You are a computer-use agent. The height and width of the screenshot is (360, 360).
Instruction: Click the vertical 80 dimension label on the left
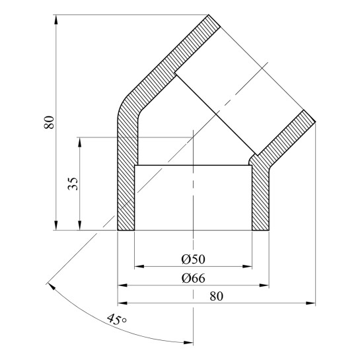pos(49,122)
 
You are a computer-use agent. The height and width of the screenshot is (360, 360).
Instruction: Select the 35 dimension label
pos(73,184)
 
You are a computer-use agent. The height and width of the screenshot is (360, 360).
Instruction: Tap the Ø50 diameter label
pos(193,259)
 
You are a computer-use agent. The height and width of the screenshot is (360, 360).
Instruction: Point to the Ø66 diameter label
pos(193,278)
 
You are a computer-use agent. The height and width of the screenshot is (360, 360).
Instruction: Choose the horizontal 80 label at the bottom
pos(216,297)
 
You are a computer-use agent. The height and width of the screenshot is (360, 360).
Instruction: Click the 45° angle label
pos(117,319)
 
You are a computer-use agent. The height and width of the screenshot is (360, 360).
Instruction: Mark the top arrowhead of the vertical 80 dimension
pos(55,20)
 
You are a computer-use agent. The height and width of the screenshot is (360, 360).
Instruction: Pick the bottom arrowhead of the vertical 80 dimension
pos(55,225)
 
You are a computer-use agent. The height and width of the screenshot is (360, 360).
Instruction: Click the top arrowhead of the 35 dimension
pos(80,142)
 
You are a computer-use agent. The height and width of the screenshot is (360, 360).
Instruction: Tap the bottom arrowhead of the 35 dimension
pos(80,225)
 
